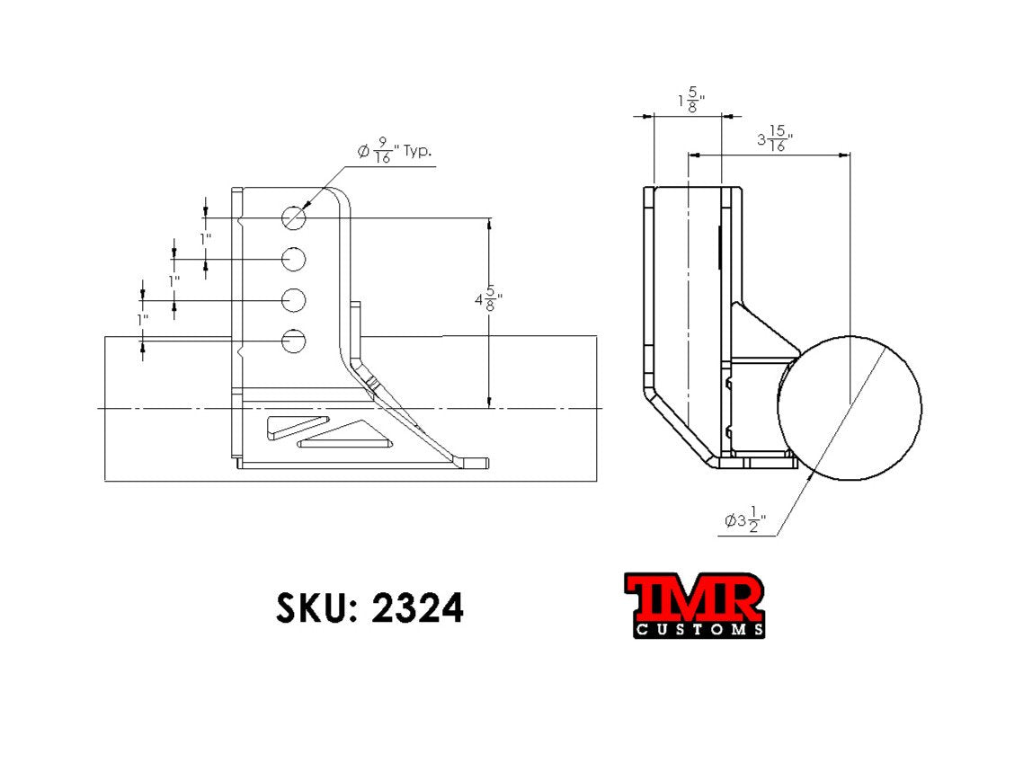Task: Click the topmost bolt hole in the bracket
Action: (294, 217)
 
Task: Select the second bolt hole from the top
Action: (294, 259)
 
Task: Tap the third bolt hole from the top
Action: (294, 299)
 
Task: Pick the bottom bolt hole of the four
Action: (294, 341)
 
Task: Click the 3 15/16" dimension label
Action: (774, 140)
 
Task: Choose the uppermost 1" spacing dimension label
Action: (206, 239)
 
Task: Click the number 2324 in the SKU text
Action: (417, 608)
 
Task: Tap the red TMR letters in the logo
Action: (695, 598)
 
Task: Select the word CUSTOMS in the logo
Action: (699, 630)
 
